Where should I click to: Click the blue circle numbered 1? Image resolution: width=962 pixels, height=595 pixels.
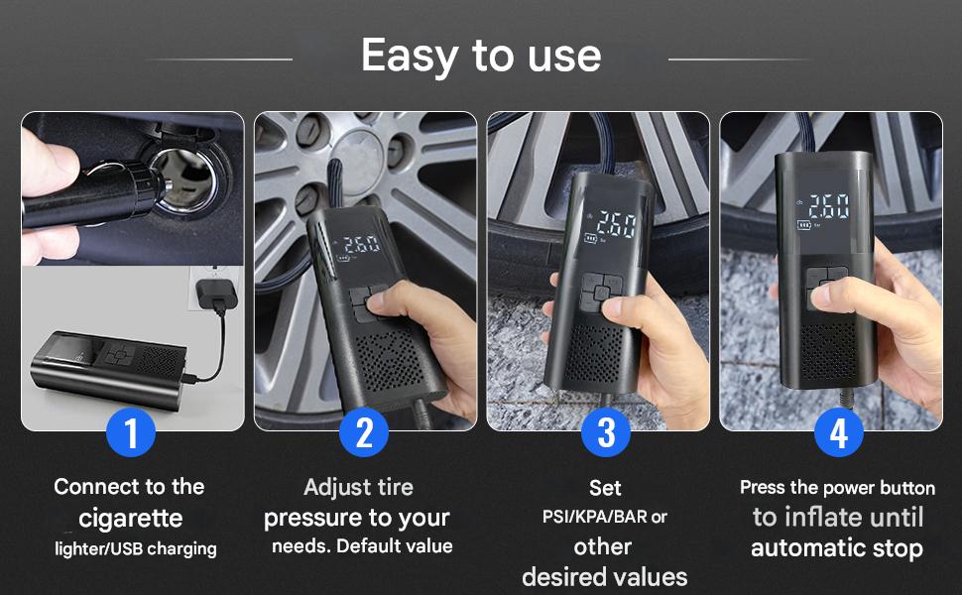(131, 432)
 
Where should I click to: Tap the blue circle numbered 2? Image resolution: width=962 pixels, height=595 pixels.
(364, 432)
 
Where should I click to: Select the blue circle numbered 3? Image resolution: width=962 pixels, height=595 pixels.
(606, 432)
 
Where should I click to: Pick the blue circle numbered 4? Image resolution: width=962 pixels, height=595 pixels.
(839, 432)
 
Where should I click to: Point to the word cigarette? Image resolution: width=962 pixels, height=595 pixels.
(131, 519)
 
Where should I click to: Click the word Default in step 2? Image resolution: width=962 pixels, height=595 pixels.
(365, 546)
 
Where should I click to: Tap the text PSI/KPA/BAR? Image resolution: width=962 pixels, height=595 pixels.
(594, 517)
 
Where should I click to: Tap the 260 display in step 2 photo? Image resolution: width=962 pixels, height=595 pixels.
(362, 245)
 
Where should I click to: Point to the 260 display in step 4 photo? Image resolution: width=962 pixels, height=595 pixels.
(829, 206)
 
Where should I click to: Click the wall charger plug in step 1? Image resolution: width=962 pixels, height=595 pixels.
(216, 294)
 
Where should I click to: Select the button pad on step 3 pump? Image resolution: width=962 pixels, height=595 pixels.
(602, 292)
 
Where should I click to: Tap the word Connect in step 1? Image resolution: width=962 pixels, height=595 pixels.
(88, 487)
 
